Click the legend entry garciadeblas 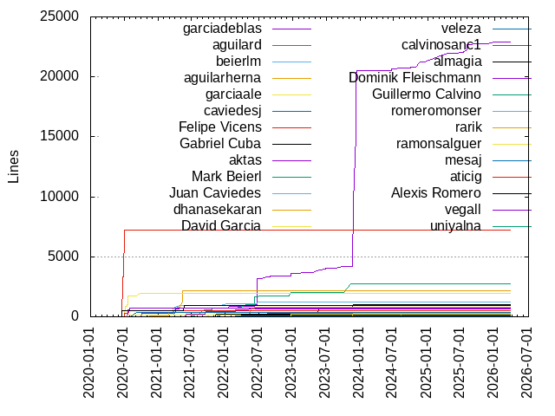222,29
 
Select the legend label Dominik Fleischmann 420,77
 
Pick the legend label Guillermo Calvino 438,94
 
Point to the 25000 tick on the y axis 61,16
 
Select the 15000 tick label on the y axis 61,136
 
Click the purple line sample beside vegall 512,209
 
